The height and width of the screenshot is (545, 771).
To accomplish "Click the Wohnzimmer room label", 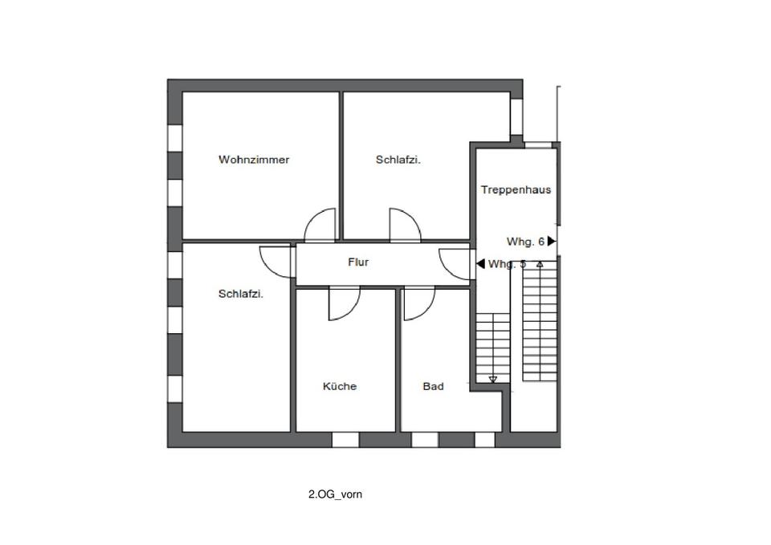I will point(254,160).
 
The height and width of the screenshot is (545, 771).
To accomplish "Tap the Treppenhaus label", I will point(516,190).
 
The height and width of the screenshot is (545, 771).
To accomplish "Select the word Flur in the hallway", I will point(358,262).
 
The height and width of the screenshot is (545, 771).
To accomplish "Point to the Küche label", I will point(340,386).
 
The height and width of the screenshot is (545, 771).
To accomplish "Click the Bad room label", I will point(433,386).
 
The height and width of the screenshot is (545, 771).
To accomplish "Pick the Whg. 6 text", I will point(525,241).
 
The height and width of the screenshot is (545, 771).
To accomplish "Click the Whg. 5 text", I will point(508,264).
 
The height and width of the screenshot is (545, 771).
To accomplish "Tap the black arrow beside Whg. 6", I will point(552,241).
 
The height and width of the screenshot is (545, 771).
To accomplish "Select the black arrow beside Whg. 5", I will point(480,264).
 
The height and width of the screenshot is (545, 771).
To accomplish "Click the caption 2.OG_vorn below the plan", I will point(335,494).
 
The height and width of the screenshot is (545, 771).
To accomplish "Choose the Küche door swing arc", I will point(344,303).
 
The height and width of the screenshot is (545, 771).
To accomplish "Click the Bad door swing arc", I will point(418,303).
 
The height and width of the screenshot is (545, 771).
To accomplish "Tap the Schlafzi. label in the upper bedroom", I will point(398,160).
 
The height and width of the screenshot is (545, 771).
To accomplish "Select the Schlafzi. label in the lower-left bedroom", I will point(241,294).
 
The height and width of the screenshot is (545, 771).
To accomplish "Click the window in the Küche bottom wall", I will point(345,439).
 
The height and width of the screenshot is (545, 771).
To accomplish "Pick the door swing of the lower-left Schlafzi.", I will point(276,262).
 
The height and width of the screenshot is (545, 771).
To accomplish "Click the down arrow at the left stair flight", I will point(493,379).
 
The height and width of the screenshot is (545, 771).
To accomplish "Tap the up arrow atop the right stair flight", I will point(540,263).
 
